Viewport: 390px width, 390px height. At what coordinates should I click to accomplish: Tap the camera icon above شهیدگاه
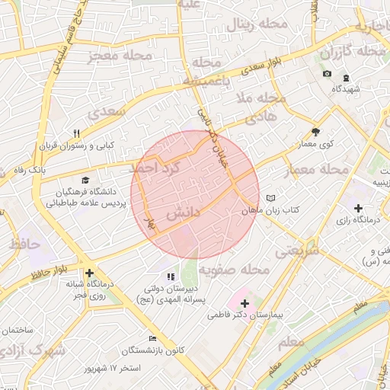click(327, 73)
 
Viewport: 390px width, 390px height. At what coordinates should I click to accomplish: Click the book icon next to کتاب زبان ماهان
click(270, 199)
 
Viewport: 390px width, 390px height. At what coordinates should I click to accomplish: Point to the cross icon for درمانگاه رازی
click(359, 207)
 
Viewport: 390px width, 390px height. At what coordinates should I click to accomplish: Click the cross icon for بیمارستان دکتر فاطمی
click(245, 303)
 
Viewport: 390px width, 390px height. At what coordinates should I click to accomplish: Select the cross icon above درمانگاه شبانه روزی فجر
click(90, 273)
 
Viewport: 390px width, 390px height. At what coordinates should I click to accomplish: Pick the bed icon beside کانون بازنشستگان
click(153, 338)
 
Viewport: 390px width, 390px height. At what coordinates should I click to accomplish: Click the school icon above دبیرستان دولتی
click(171, 277)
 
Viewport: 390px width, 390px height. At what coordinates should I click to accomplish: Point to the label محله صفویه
click(235, 270)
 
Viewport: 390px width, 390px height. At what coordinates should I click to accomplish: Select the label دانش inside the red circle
click(183, 214)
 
